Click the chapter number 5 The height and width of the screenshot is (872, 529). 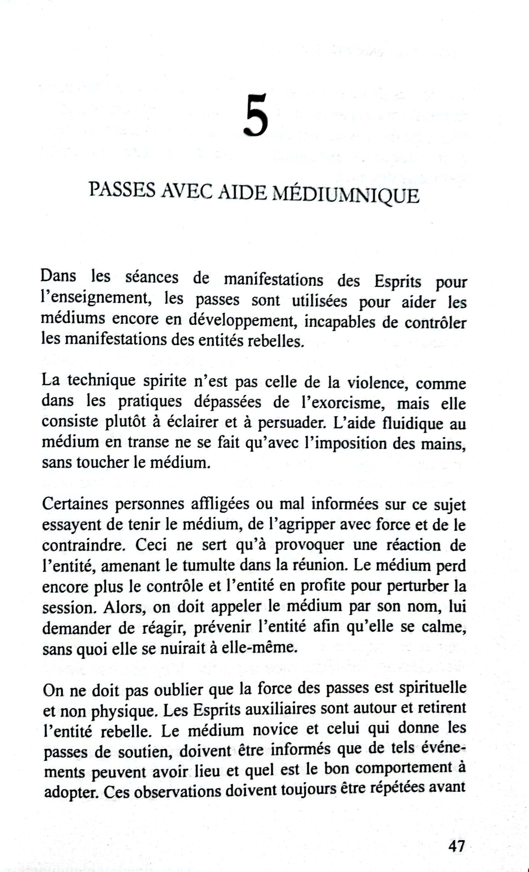coord(256,116)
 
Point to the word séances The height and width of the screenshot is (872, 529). coord(152,277)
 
